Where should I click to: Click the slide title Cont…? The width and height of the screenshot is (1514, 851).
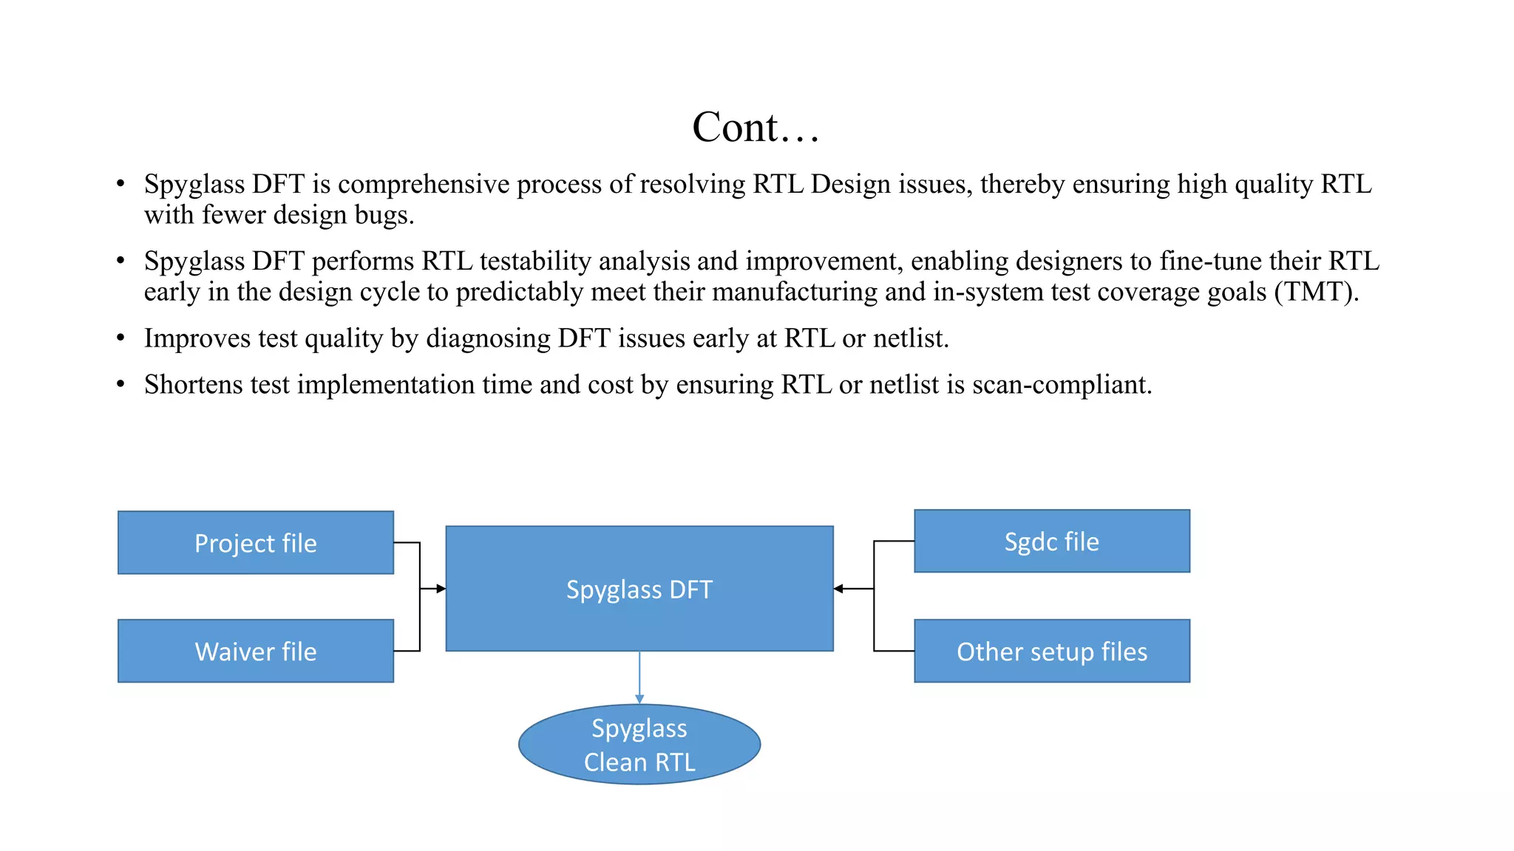(x=756, y=127)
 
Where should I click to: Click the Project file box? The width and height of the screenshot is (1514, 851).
(x=256, y=542)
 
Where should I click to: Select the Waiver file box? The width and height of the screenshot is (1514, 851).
(x=256, y=651)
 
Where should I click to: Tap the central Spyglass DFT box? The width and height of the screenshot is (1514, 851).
(x=639, y=589)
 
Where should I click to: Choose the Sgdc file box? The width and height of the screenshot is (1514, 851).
(x=1052, y=541)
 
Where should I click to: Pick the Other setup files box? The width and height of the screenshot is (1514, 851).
(x=1052, y=651)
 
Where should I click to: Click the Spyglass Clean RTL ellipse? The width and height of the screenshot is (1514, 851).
(x=639, y=744)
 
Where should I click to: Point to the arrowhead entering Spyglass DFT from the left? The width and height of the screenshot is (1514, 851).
(x=441, y=589)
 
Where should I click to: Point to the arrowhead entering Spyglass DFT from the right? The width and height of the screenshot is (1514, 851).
(x=838, y=589)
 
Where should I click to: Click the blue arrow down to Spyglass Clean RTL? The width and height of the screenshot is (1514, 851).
(x=639, y=677)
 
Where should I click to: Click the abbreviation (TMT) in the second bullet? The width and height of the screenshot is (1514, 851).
(x=1316, y=292)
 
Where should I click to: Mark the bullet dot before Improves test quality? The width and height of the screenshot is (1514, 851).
(x=120, y=338)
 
